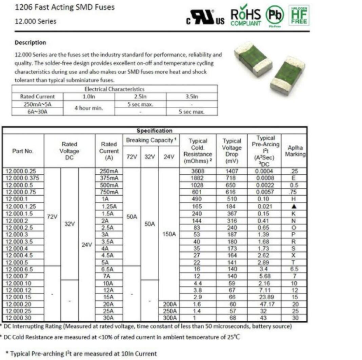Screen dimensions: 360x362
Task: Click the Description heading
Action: [x=30, y=43]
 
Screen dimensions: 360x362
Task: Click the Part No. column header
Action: [x=23, y=151]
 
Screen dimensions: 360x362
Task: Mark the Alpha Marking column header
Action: [x=295, y=151]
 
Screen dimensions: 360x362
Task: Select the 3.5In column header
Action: [x=192, y=97]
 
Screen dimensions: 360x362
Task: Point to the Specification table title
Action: [x=155, y=131]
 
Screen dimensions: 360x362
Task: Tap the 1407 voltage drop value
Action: [x=232, y=171]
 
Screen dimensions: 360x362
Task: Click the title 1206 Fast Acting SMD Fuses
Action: [x=65, y=7]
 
